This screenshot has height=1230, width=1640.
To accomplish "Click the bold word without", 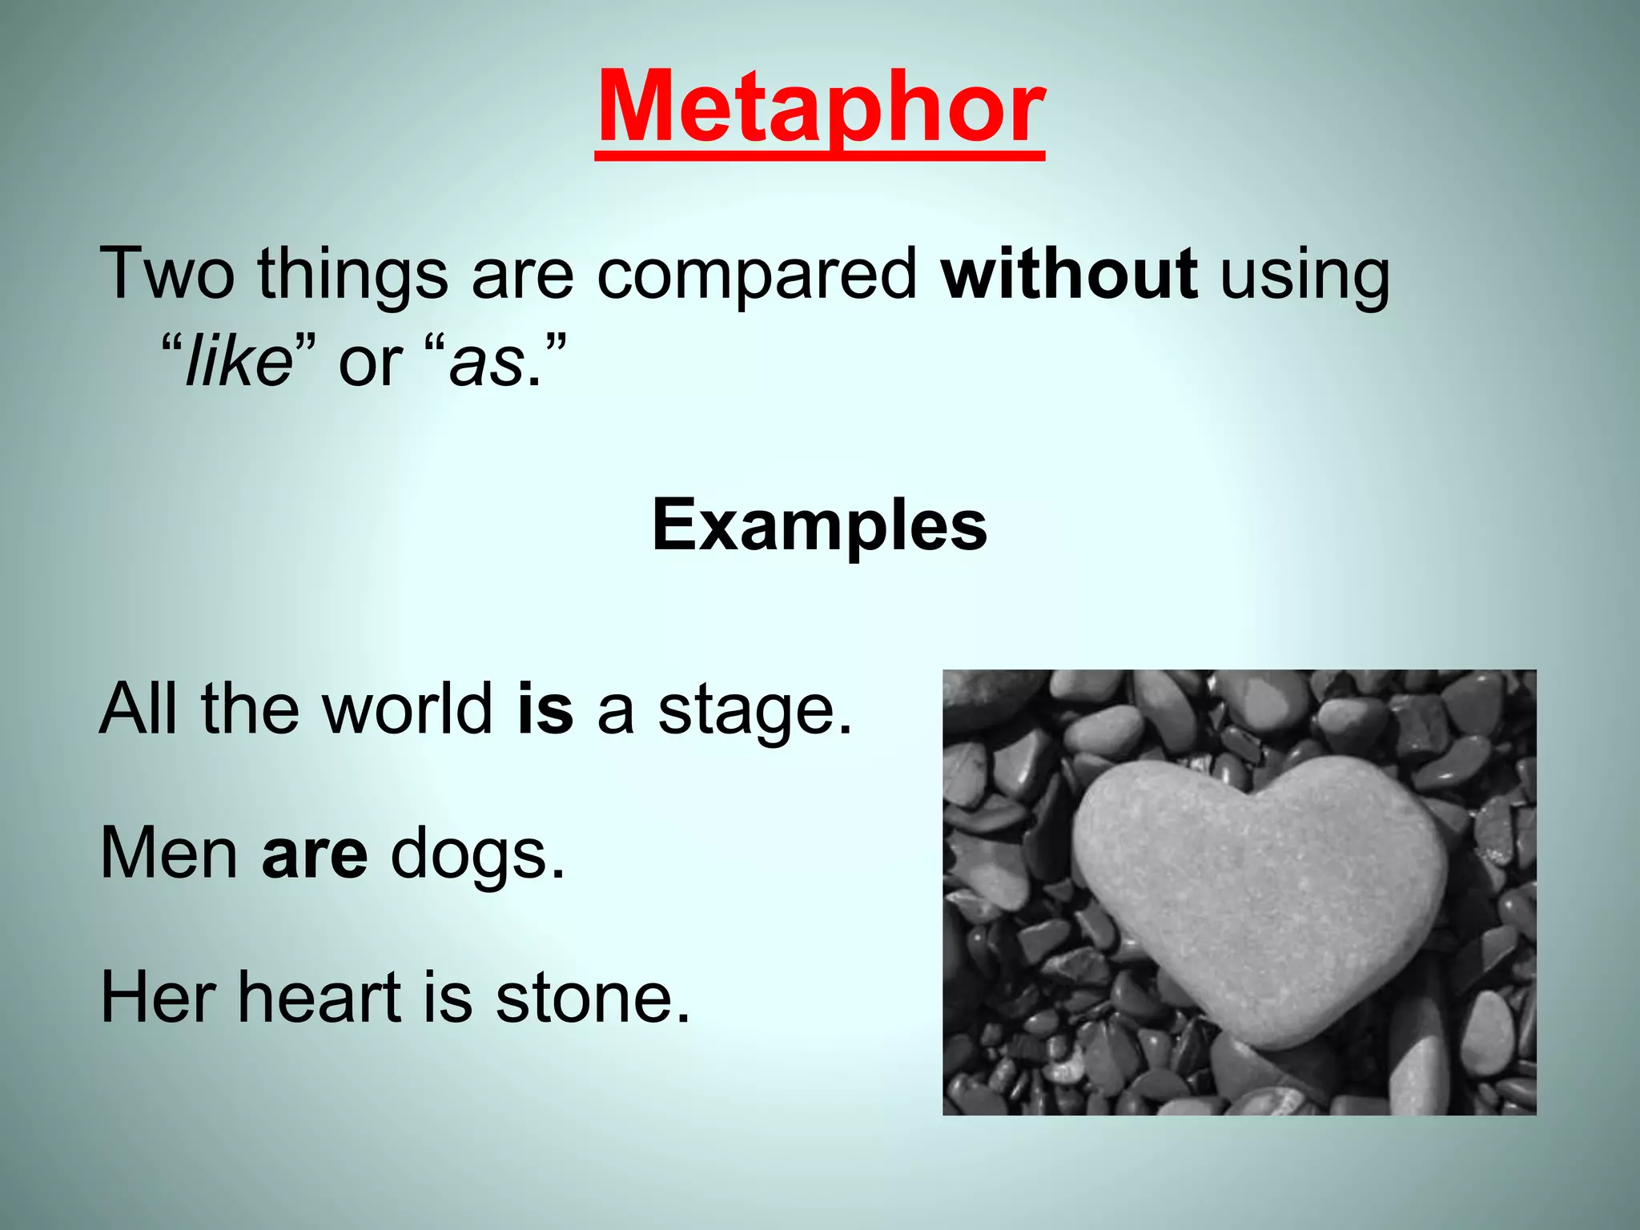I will click(1069, 275).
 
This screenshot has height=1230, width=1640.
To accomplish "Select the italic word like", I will click(238, 363).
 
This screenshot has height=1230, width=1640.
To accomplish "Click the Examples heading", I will click(819, 526).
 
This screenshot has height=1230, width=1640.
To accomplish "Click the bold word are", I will click(315, 855).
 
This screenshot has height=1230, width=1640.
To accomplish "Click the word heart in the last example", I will click(319, 998).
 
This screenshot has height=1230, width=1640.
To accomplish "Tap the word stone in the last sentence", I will click(591, 999).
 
